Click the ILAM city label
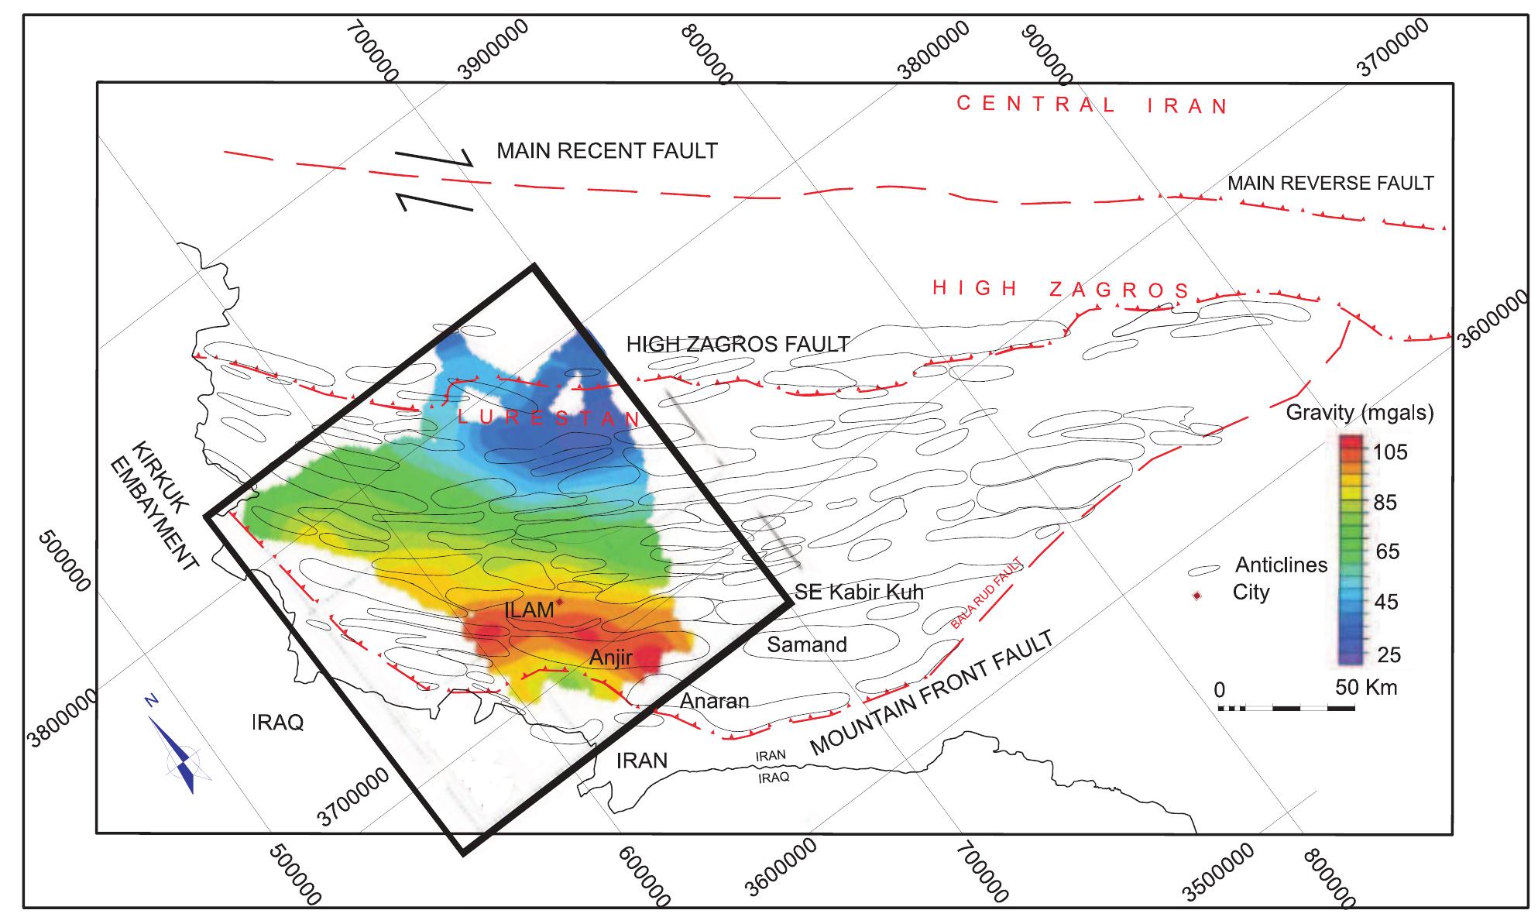(x=529, y=610)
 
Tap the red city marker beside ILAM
(x=559, y=600)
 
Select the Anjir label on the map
(x=610, y=658)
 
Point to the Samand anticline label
(x=806, y=644)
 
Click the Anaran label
(x=714, y=701)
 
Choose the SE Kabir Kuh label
(x=860, y=592)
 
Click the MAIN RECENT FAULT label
(x=607, y=150)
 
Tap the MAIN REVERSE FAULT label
(x=1330, y=183)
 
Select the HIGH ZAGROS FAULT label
(x=738, y=344)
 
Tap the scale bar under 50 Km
(x=1286, y=708)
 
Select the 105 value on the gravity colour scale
(x=1390, y=452)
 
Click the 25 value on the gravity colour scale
(x=1389, y=655)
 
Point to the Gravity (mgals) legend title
(x=1359, y=412)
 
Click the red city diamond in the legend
(x=1196, y=595)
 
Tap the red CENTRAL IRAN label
(x=1092, y=105)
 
